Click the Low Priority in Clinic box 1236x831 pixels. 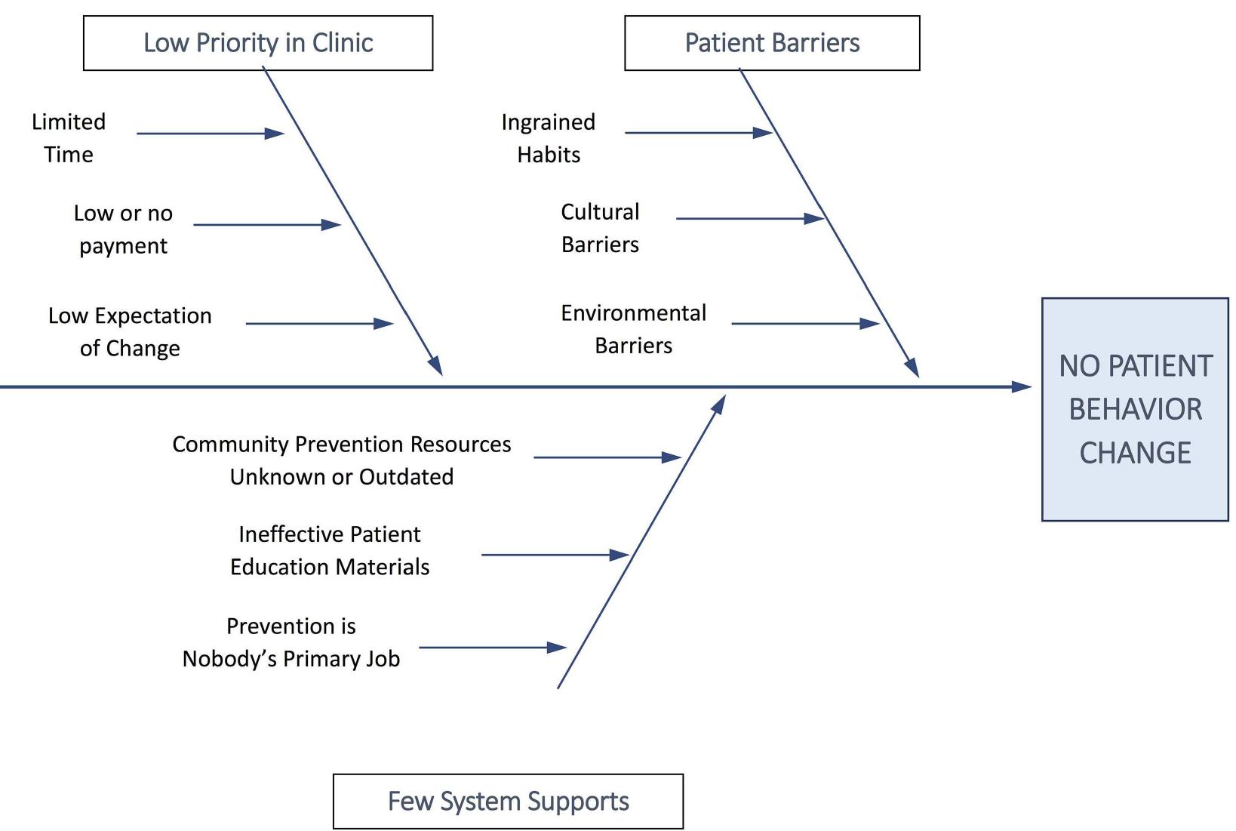coord(258,43)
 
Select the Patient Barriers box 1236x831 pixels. coord(772,43)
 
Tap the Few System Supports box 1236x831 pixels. coord(508,801)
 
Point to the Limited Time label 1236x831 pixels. coord(69,138)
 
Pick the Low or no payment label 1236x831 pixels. coord(123,229)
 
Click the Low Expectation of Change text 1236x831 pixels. coord(130,331)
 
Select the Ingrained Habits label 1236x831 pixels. coord(549,138)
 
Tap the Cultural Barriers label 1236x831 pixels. coord(600,228)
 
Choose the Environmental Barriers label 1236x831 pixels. coord(633,329)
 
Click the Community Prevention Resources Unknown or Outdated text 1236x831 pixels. coord(342,460)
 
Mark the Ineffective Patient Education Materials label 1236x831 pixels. coord(330,550)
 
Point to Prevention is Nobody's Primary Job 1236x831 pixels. coord(291,642)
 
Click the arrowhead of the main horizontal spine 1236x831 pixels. coord(1022,386)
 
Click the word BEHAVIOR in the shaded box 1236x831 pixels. coord(1135,410)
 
